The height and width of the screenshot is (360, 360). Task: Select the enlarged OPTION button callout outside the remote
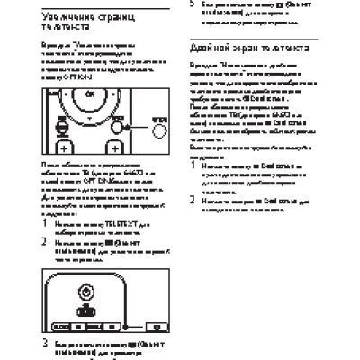159,129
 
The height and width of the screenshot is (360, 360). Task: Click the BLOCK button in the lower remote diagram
62,324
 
